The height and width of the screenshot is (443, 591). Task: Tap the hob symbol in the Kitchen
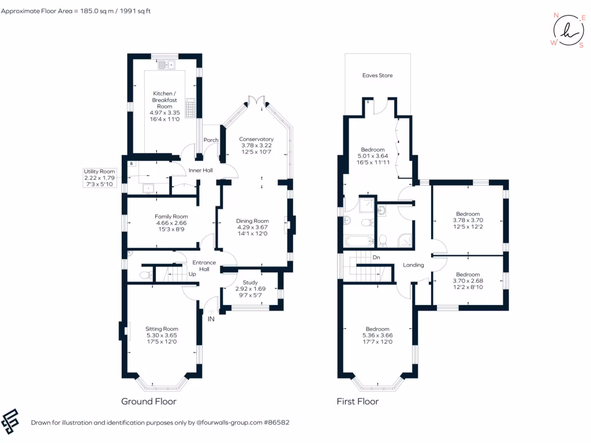(x=189, y=107)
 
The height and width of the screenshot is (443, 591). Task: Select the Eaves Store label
(x=377, y=76)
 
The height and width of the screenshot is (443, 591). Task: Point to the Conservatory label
(x=256, y=139)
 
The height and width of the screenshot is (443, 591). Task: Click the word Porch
(x=211, y=140)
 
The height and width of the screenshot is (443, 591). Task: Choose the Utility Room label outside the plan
(x=99, y=171)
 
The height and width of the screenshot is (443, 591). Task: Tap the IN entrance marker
(x=211, y=318)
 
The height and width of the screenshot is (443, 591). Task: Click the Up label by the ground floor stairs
(x=192, y=274)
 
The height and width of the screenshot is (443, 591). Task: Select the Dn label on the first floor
(x=376, y=257)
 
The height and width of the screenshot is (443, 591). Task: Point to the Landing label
(x=414, y=265)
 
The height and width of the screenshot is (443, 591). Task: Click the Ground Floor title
(x=148, y=401)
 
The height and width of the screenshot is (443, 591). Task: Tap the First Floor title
(x=357, y=401)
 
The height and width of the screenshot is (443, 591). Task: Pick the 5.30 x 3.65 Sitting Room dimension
(x=162, y=336)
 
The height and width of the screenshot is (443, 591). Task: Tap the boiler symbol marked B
(x=132, y=164)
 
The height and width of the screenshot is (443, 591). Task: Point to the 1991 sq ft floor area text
(x=134, y=11)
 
